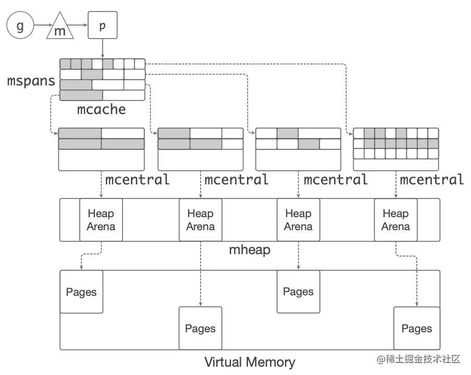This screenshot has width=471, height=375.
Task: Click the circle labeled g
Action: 20,26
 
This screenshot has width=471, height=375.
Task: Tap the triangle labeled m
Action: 60,29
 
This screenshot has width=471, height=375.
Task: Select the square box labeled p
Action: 102,26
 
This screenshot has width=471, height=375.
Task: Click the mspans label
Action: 31,81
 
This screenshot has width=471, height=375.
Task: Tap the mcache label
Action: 102,109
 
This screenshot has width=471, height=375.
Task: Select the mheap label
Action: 250,249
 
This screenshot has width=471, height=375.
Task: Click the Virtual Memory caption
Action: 250,362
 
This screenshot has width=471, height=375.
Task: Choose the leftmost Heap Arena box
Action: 101,220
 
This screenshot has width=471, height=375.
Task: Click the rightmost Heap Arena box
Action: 395,220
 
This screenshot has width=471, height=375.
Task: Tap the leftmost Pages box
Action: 81,292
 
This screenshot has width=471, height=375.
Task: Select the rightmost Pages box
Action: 416,328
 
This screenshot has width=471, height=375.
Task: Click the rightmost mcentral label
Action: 432,180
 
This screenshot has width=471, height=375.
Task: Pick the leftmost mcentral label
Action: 138,180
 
